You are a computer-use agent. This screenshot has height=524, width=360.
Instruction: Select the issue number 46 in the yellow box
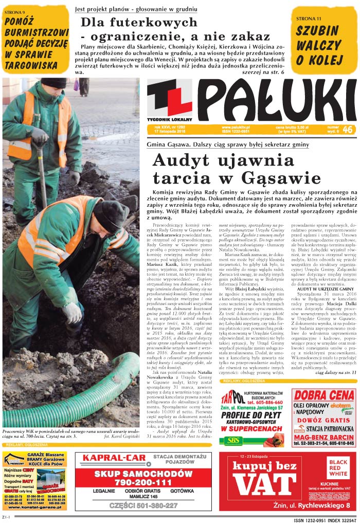click(x=347, y=130)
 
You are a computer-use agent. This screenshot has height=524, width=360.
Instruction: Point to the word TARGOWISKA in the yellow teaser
click(x=31, y=65)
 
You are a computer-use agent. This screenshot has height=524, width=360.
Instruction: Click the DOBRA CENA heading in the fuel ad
click(x=324, y=395)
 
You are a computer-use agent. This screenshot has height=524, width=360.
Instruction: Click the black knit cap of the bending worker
click(x=110, y=214)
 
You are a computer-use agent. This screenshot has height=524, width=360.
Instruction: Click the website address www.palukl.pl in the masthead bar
click(x=236, y=127)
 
